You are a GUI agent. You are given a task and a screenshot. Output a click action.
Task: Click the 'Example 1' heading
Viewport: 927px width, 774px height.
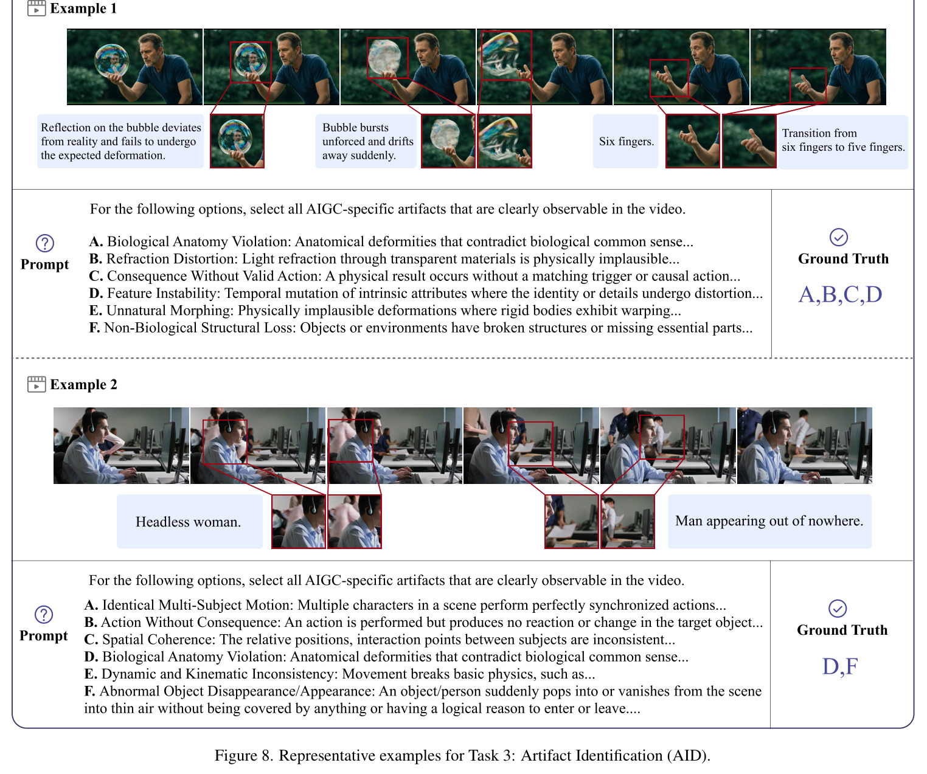pyautogui.click(x=83, y=8)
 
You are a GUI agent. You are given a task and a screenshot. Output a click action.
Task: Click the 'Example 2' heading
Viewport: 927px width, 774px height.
pyautogui.click(x=83, y=384)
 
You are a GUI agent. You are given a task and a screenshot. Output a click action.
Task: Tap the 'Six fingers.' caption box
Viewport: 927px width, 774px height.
pyautogui.click(x=626, y=141)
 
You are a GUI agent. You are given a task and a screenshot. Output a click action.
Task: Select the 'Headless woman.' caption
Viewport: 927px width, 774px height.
pyautogui.click(x=188, y=522)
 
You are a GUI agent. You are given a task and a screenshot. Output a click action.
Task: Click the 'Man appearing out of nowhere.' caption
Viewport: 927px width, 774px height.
pyautogui.click(x=769, y=520)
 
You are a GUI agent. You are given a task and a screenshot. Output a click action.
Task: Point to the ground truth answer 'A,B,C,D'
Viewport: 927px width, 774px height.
pyautogui.click(x=840, y=294)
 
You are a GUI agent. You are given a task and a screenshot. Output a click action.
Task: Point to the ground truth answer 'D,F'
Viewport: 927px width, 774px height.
pyautogui.click(x=840, y=666)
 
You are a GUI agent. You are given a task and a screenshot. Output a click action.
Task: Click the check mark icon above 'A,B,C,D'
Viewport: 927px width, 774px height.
pyautogui.click(x=839, y=238)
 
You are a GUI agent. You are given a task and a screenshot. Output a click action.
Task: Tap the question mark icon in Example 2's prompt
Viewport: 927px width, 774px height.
pyautogui.click(x=44, y=614)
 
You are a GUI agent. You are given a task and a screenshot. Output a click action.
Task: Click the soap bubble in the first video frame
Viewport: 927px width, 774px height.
pyautogui.click(x=111, y=61)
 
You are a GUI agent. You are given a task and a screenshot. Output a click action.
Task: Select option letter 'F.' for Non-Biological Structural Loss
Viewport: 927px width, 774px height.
pyautogui.click(x=94, y=328)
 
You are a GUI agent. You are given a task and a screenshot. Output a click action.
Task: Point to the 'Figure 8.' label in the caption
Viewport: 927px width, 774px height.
pyautogui.click(x=244, y=755)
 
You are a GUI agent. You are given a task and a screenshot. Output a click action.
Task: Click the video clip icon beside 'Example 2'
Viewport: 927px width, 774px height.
pyautogui.click(x=36, y=384)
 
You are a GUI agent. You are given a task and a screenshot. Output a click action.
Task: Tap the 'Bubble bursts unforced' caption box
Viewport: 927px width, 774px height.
pyautogui.click(x=366, y=141)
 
